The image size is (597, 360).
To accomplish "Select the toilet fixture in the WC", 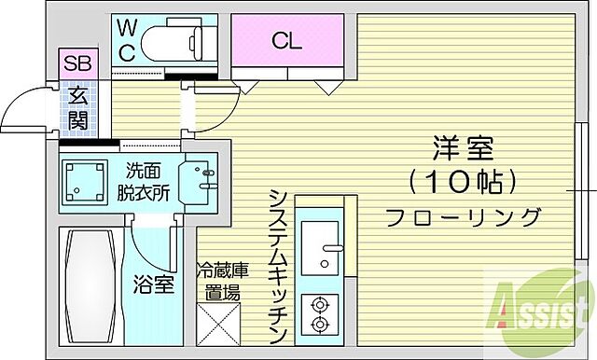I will (187, 39).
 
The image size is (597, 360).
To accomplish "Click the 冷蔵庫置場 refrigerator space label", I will (223, 280).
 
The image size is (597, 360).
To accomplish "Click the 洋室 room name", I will (463, 147).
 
